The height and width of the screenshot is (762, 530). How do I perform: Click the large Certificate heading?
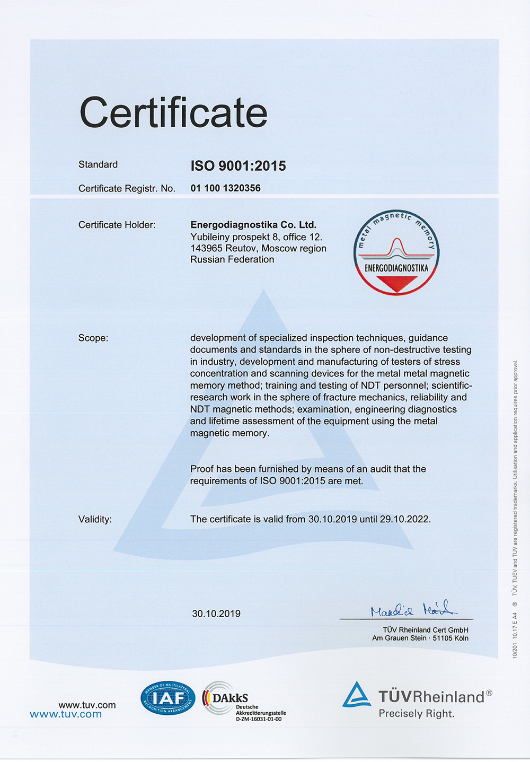(x=173, y=112)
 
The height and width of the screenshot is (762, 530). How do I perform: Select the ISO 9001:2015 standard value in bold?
(x=238, y=166)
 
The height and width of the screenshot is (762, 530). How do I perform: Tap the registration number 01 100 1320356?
(x=225, y=188)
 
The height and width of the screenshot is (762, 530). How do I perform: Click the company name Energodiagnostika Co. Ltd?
(x=253, y=225)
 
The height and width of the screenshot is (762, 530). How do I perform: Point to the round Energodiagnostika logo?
(x=396, y=252)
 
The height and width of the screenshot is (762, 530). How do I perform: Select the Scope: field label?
(x=93, y=338)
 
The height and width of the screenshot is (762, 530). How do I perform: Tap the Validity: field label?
(x=95, y=520)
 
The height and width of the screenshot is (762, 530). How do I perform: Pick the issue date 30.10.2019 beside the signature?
(x=216, y=614)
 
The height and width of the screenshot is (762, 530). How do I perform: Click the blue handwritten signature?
(x=413, y=609)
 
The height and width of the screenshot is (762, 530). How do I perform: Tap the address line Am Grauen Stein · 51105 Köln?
(x=420, y=638)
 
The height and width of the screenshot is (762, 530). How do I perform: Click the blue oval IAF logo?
(x=167, y=698)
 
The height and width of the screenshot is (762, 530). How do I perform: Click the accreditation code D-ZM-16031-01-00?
(x=259, y=720)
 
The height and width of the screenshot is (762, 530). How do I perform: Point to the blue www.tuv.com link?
(x=66, y=715)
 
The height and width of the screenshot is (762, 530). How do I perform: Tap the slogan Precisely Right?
(x=417, y=714)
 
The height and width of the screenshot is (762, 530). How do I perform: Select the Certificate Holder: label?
(x=117, y=225)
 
